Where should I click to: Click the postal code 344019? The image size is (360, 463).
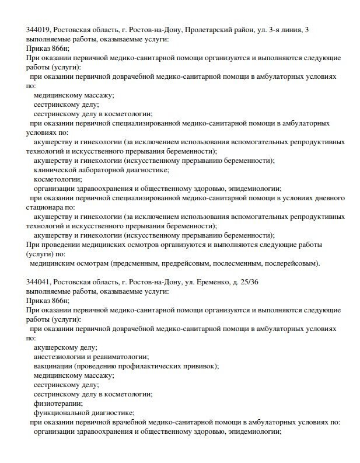point(38,30)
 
